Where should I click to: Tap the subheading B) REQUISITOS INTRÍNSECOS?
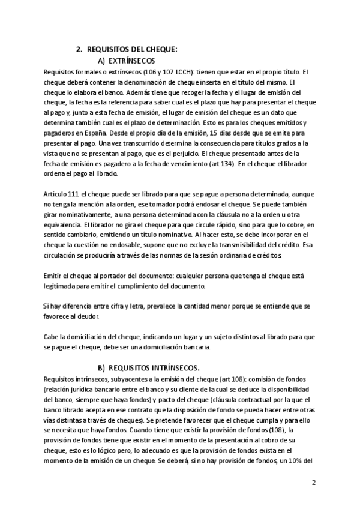[149, 367]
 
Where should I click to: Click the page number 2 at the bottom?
[314, 483]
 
